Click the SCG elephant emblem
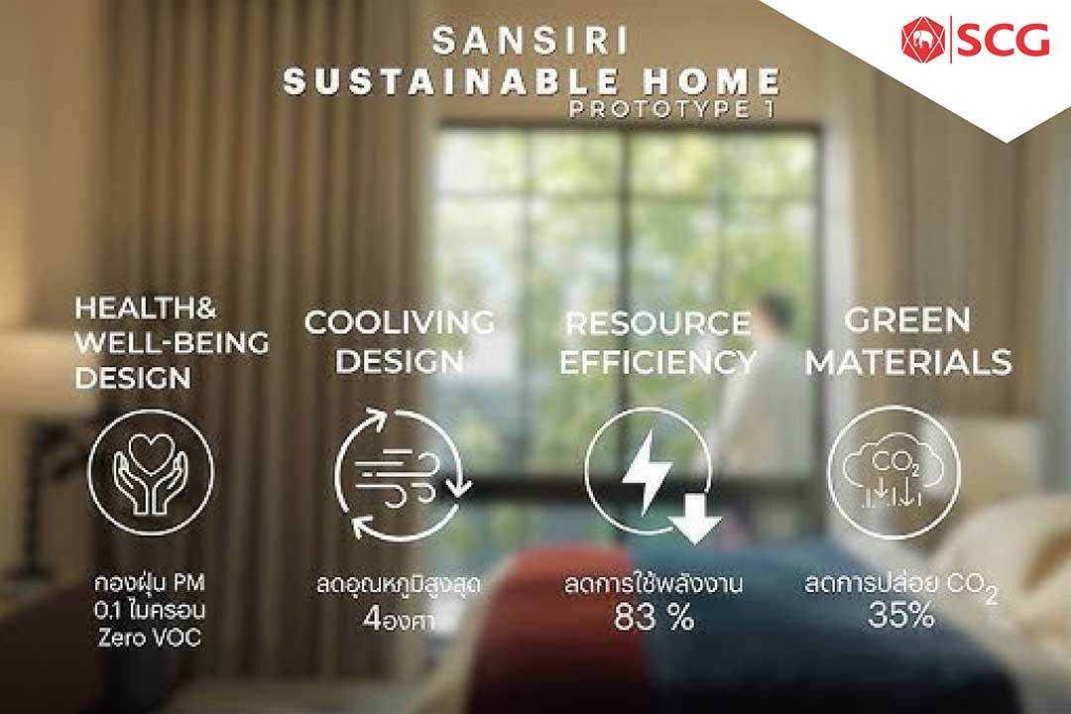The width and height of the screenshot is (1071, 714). click(x=924, y=39)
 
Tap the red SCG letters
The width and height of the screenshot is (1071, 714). click(x=1003, y=40)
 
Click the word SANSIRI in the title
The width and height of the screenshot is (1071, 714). click(x=531, y=41)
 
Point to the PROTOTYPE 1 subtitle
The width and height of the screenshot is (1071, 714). click(x=672, y=109)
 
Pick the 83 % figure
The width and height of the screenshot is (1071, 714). click(x=654, y=618)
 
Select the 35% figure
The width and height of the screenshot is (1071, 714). click(x=900, y=615)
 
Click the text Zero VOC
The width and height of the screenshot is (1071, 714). click(x=150, y=638)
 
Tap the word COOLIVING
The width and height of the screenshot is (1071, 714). click(x=400, y=322)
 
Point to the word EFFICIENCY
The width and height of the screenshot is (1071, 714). click(x=658, y=362)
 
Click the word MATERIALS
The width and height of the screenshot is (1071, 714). click(x=908, y=362)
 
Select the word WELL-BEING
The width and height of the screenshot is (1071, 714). click(x=172, y=342)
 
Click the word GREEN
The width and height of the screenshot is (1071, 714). click(x=907, y=319)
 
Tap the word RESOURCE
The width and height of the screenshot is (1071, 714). click(x=658, y=324)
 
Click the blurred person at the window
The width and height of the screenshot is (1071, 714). click(x=764, y=383)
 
